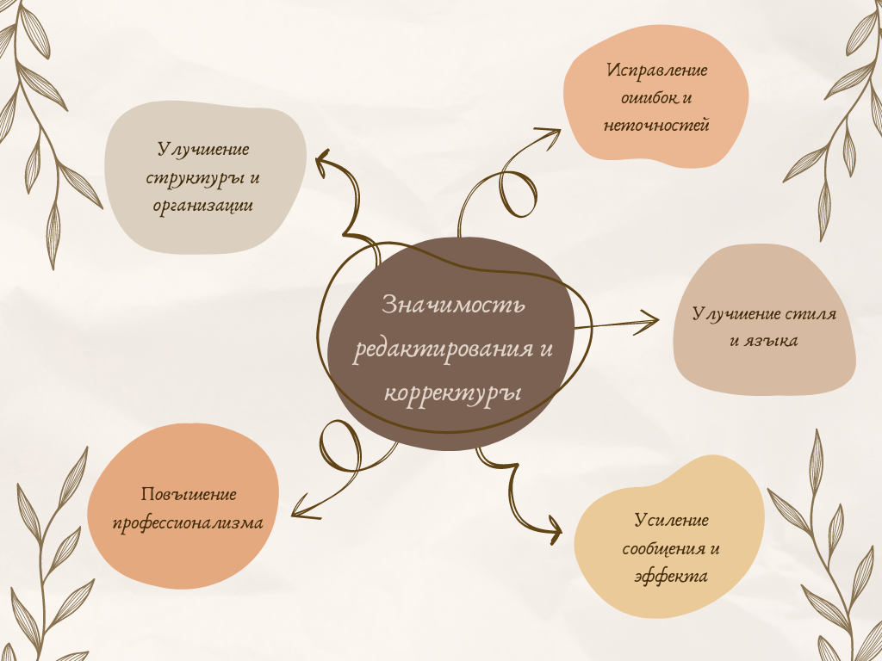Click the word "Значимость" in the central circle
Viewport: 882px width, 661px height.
point(452,306)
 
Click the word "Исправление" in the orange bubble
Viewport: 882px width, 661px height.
point(656,71)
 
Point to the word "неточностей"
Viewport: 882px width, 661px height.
point(656,126)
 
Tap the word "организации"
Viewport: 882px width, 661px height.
point(203,206)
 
